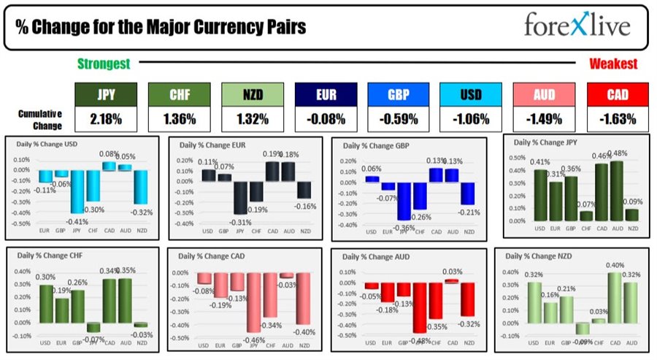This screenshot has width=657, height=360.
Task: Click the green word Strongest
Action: tap(104, 64)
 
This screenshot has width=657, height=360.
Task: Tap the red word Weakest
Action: tap(613, 64)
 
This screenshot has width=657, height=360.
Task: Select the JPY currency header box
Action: tap(100, 95)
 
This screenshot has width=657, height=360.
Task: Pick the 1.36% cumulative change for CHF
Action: tap(174, 119)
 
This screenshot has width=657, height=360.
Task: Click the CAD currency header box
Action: tap(612, 95)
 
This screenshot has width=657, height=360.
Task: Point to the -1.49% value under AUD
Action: tap(539, 119)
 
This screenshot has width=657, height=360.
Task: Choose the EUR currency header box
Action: tap(320, 95)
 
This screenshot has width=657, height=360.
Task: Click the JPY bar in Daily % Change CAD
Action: tap(253, 302)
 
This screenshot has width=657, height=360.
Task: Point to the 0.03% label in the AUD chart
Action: tap(453, 271)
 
